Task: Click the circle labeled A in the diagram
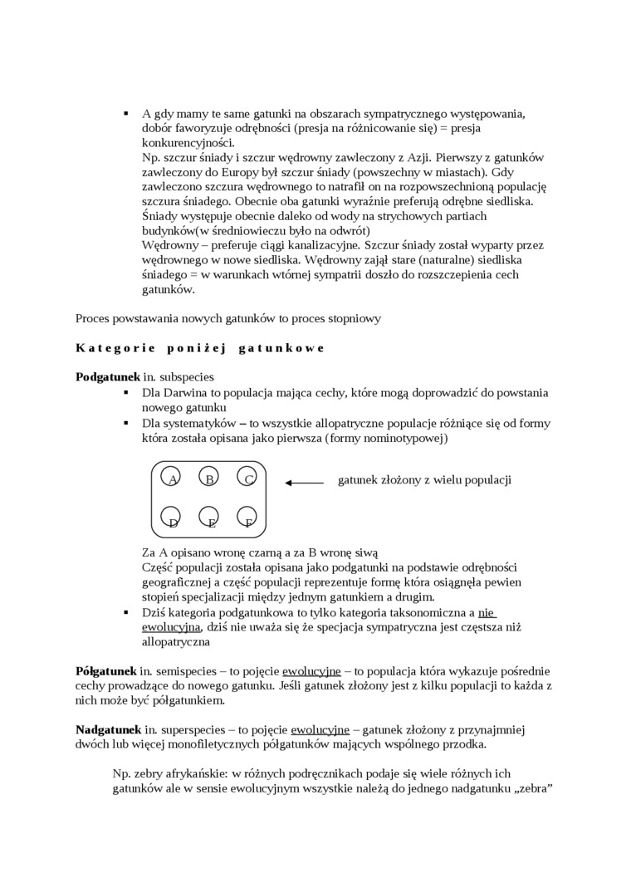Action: [x=171, y=478]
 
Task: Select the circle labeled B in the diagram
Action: [x=209, y=478]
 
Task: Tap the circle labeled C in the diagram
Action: [x=247, y=478]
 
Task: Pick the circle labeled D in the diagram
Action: [x=171, y=518]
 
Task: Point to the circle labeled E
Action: [x=209, y=518]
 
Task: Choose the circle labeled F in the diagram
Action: [x=247, y=518]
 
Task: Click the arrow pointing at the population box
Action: [x=304, y=482]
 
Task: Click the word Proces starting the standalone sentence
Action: [x=94, y=317]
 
